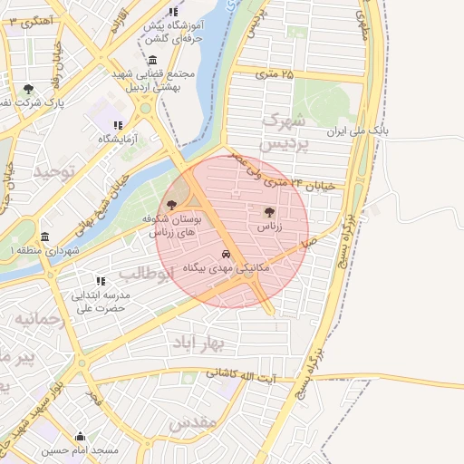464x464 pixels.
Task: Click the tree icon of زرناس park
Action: (268, 212)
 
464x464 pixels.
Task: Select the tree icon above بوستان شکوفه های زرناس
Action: (171, 205)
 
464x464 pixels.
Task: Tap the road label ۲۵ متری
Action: (275, 73)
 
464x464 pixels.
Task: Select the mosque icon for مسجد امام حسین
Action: (81, 435)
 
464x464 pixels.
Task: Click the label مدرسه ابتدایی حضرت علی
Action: (101, 301)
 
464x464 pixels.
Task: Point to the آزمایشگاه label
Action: (117, 139)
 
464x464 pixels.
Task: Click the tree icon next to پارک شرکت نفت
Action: (29, 90)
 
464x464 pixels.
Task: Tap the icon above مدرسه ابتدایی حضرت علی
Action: (101, 281)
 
